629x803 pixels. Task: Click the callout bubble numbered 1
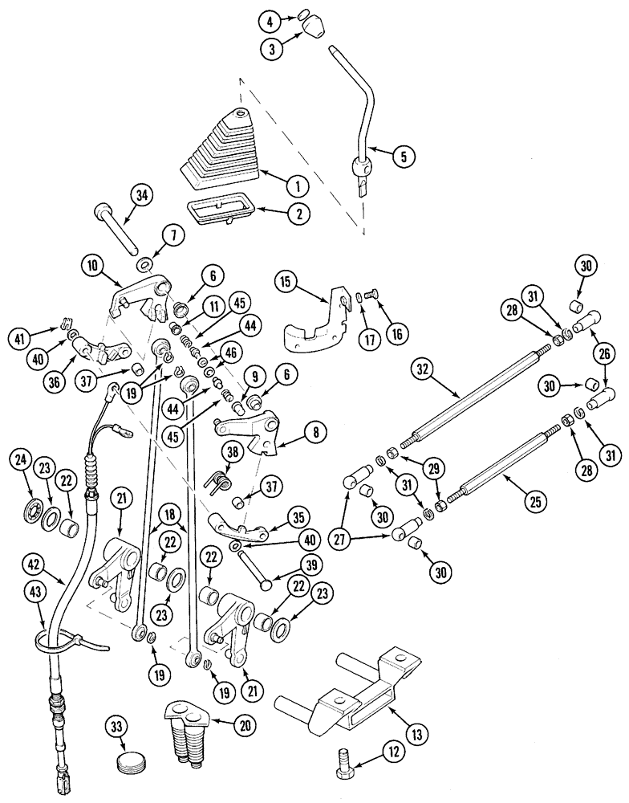click(297, 185)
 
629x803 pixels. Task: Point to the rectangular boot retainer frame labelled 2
click(219, 210)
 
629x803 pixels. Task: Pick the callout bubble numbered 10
click(94, 266)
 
